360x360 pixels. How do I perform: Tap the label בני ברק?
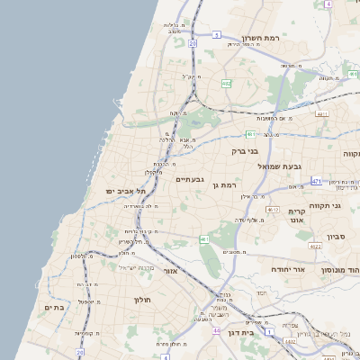coord(245,151)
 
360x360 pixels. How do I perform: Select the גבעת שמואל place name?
coord(280,166)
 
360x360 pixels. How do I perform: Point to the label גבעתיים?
coord(189,179)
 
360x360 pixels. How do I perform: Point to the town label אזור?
coord(170,270)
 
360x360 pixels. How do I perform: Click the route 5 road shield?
coord(216,35)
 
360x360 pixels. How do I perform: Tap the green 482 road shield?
coord(226,83)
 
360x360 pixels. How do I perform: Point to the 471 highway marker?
coord(316,181)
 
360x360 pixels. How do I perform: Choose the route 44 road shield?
coord(216,330)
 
